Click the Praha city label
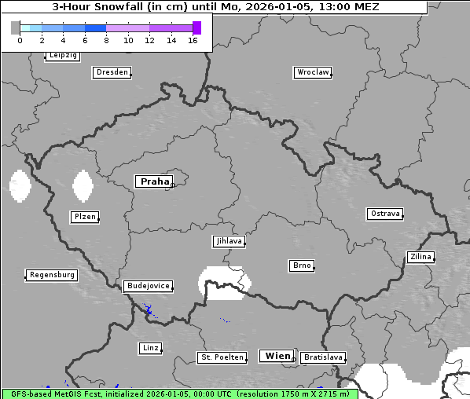tap(154, 181)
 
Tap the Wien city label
tap(277, 356)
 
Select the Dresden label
tap(111, 72)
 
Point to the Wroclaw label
tap(312, 72)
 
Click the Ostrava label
tap(385, 214)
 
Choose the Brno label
tap(302, 265)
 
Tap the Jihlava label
tap(228, 242)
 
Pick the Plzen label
tap(84, 217)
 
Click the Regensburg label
tap(52, 275)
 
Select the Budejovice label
tap(147, 286)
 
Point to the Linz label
tap(150, 347)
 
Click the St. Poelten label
tap(222, 357)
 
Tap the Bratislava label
tap(323, 357)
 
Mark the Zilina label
tap(420, 257)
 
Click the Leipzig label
tap(62, 56)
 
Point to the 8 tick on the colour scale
tap(106, 40)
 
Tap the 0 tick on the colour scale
tap(20, 40)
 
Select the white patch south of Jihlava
tap(224, 284)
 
